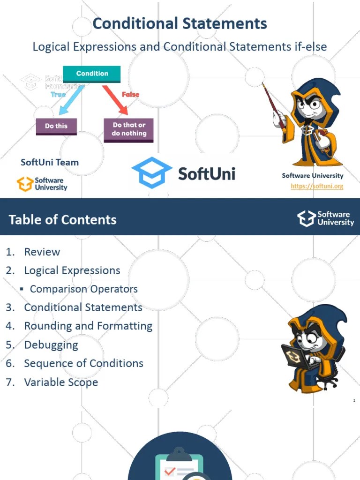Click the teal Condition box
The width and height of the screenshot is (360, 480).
[x=92, y=74]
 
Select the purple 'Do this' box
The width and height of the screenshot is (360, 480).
[x=56, y=126]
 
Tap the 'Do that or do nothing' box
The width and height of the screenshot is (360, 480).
[x=129, y=129]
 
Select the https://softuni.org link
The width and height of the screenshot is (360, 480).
[x=317, y=186]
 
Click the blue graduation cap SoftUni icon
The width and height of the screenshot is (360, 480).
[x=151, y=172]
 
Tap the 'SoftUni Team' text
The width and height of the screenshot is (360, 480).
[x=50, y=163]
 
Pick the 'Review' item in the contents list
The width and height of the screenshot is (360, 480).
[x=42, y=252]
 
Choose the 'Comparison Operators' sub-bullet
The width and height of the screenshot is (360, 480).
[x=83, y=289]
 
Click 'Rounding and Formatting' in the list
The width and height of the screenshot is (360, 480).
[x=88, y=326]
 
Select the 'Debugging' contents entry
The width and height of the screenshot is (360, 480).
[x=51, y=345]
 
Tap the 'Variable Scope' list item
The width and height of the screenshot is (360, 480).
[x=61, y=382]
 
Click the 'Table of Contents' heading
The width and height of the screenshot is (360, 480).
[x=63, y=220]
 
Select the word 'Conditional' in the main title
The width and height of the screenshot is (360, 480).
[x=135, y=23]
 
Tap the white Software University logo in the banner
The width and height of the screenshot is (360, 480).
[x=325, y=218]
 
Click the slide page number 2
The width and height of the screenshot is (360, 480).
[x=354, y=401]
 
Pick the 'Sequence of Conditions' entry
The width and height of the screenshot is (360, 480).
[x=83, y=364]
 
